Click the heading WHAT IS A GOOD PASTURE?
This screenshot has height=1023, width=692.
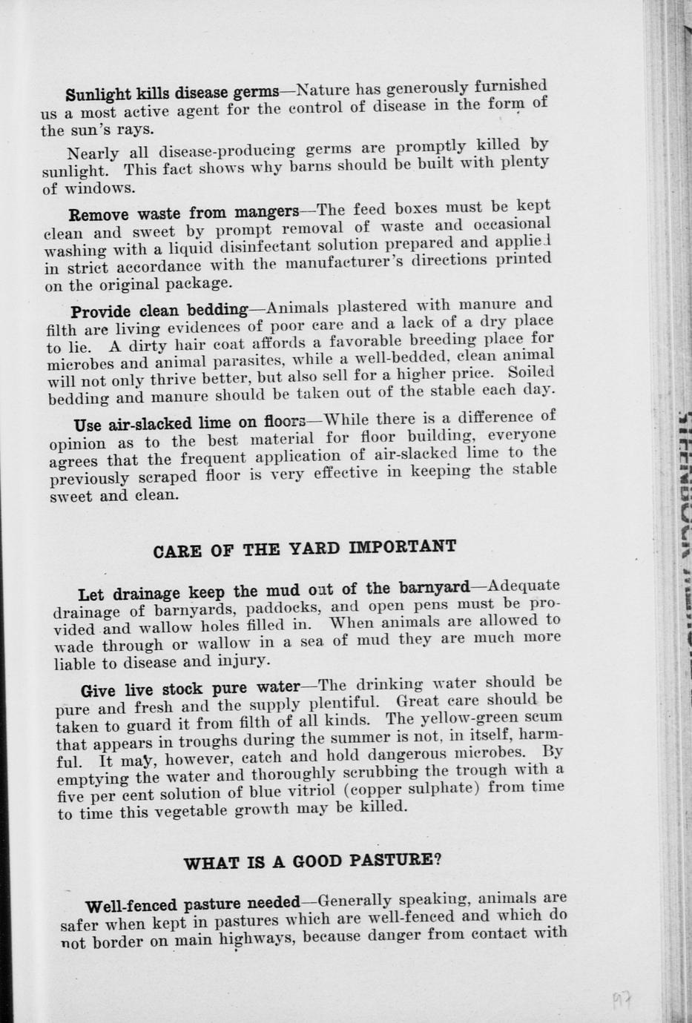pos(312,862)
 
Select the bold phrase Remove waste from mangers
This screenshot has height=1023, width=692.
pos(184,213)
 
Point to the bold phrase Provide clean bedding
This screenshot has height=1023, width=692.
pos(159,310)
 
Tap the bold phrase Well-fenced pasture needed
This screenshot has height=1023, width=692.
pos(193,905)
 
